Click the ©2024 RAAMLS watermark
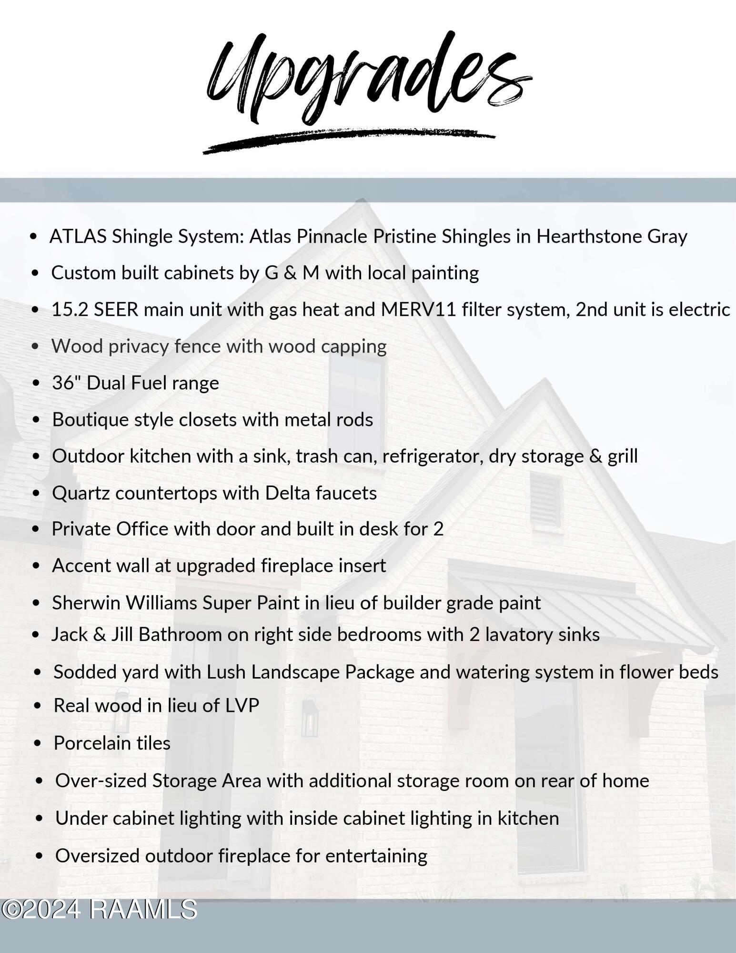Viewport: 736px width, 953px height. click(99, 909)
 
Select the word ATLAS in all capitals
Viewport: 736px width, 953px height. click(78, 236)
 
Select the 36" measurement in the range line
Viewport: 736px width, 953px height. click(66, 383)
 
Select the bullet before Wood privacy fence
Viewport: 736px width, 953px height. click(35, 346)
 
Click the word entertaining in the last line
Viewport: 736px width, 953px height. click(376, 856)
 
